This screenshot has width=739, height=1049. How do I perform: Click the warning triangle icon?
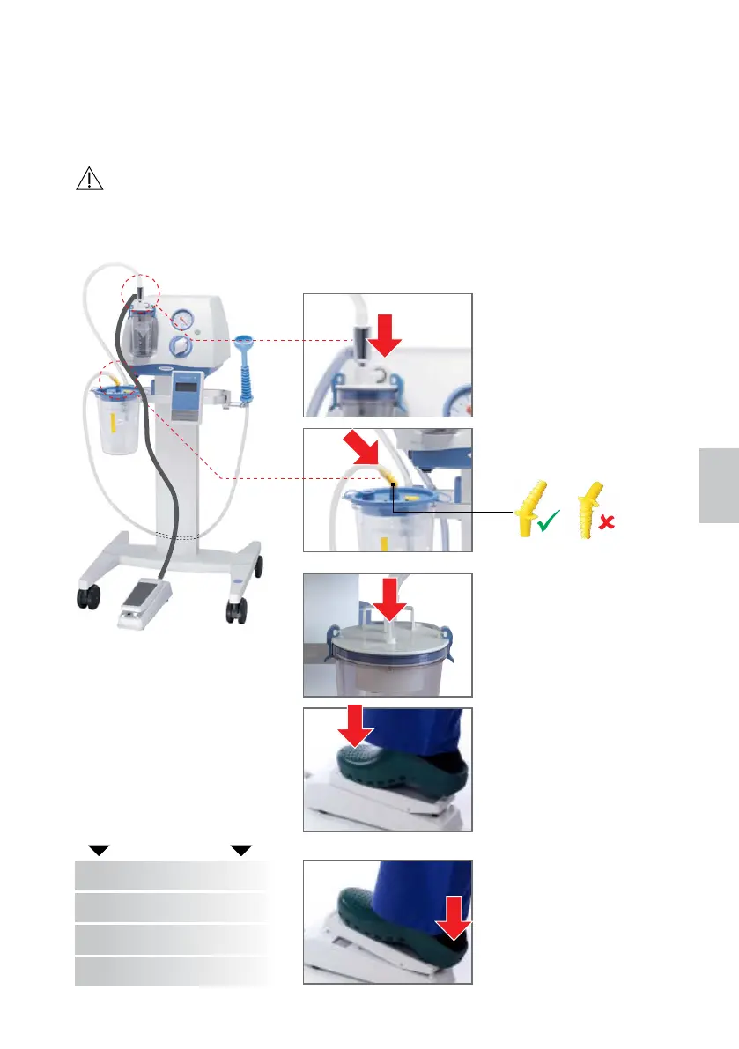tap(89, 180)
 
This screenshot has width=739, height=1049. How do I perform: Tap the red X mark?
tap(605, 524)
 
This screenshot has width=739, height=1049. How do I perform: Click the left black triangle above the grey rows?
tap(99, 850)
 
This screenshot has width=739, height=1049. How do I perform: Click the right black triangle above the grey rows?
tap(241, 850)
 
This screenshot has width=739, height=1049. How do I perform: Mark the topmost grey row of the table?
tap(171, 875)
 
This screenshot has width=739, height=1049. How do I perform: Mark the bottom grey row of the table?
tap(171, 971)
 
